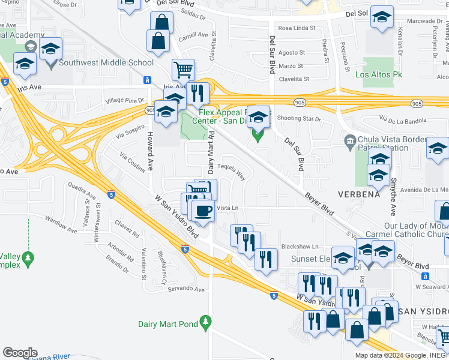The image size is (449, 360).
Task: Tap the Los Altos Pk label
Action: (x=378, y=74)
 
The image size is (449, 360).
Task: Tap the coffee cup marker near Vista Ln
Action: (x=202, y=211)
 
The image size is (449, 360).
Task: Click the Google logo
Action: (x=20, y=353)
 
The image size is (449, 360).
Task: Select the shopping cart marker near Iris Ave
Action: (x=183, y=70)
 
